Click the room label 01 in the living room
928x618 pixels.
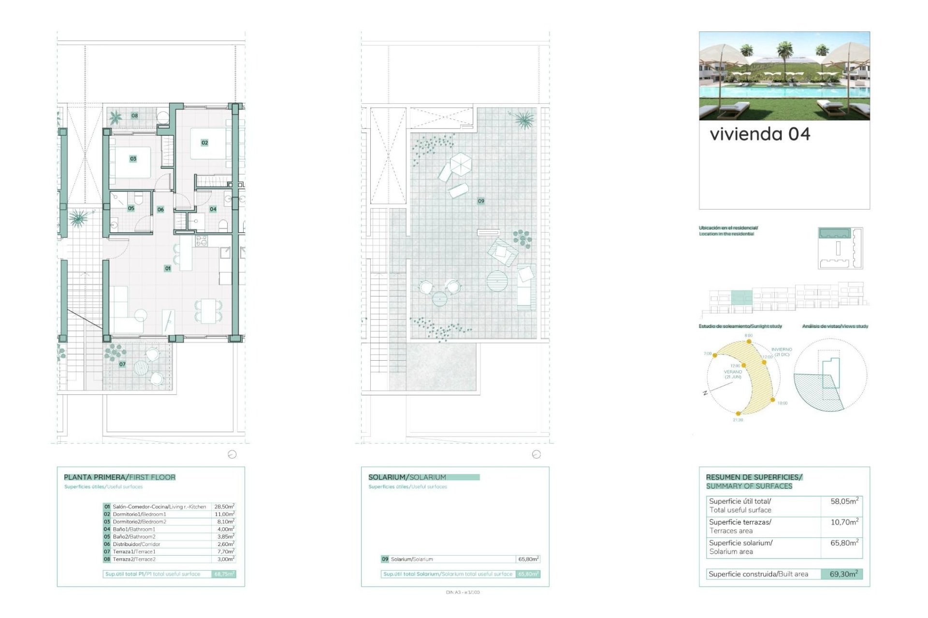168,268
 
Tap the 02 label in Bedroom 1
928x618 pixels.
204,143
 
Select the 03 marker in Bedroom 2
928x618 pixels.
133,159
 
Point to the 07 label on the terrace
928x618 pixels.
122,365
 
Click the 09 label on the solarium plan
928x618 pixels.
481,201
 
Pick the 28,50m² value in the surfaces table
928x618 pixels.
224,506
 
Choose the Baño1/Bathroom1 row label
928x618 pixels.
134,529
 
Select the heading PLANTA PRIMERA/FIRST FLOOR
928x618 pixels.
119,477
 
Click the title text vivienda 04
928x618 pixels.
760,134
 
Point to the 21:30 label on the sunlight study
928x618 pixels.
738,420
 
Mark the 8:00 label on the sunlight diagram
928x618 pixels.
748,336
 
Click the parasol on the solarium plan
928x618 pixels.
461,163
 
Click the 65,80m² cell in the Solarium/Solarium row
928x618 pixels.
528,559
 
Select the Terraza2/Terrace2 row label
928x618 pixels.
134,559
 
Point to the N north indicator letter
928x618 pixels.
705,393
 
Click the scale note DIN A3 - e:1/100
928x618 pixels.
463,592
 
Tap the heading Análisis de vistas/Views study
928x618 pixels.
835,326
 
